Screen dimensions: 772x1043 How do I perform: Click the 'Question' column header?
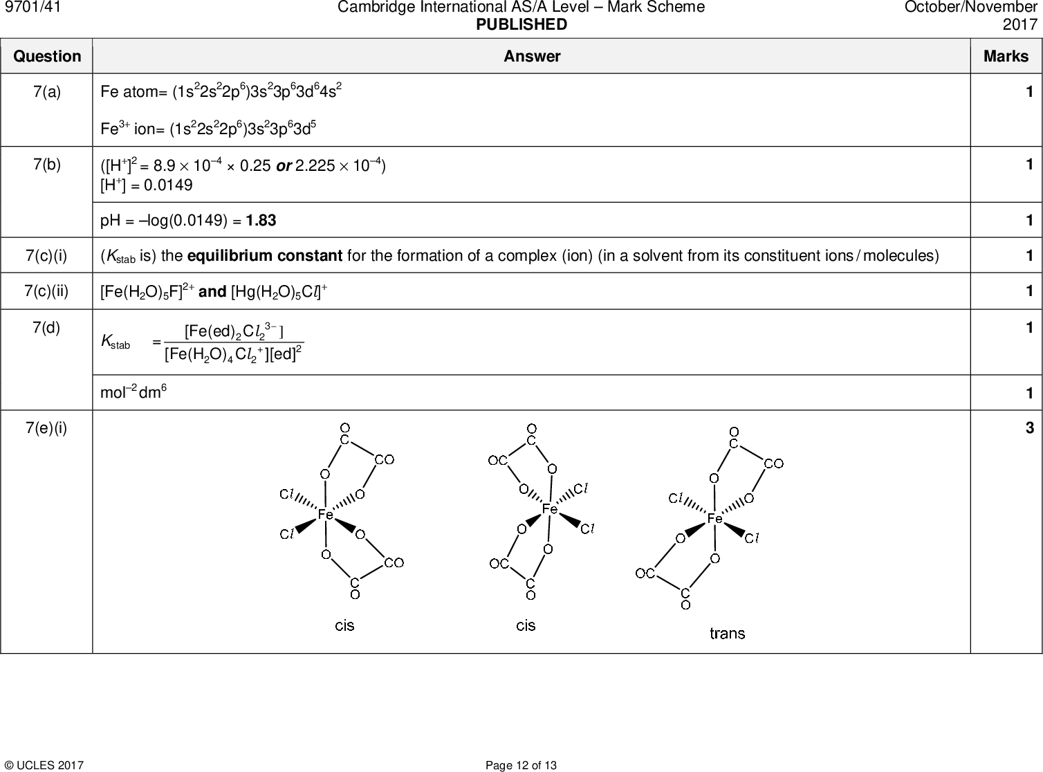[x=47, y=57]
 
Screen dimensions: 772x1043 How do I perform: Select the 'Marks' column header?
[x=1006, y=57]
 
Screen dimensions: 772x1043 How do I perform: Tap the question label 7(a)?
[x=47, y=92]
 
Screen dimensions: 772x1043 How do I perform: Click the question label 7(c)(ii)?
[x=47, y=291]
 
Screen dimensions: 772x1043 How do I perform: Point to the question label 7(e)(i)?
[x=47, y=428]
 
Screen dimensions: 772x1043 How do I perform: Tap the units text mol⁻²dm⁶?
[x=133, y=392]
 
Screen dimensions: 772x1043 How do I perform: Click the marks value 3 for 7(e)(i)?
[x=1029, y=428]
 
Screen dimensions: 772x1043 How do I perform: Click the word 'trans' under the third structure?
[x=728, y=633]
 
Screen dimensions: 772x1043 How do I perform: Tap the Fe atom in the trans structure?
[x=714, y=518]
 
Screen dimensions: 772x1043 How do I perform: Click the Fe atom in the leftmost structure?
[x=325, y=515]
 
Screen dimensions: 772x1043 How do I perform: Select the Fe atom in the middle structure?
[x=549, y=509]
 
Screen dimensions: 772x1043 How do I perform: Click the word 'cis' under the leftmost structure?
[x=344, y=625]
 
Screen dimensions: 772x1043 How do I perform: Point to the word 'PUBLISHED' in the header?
[x=521, y=25]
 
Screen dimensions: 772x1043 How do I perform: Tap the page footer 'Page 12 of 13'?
[x=521, y=765]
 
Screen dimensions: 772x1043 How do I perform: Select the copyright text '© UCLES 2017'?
[x=44, y=765]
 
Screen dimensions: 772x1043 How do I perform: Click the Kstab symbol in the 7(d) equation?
[x=115, y=341]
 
